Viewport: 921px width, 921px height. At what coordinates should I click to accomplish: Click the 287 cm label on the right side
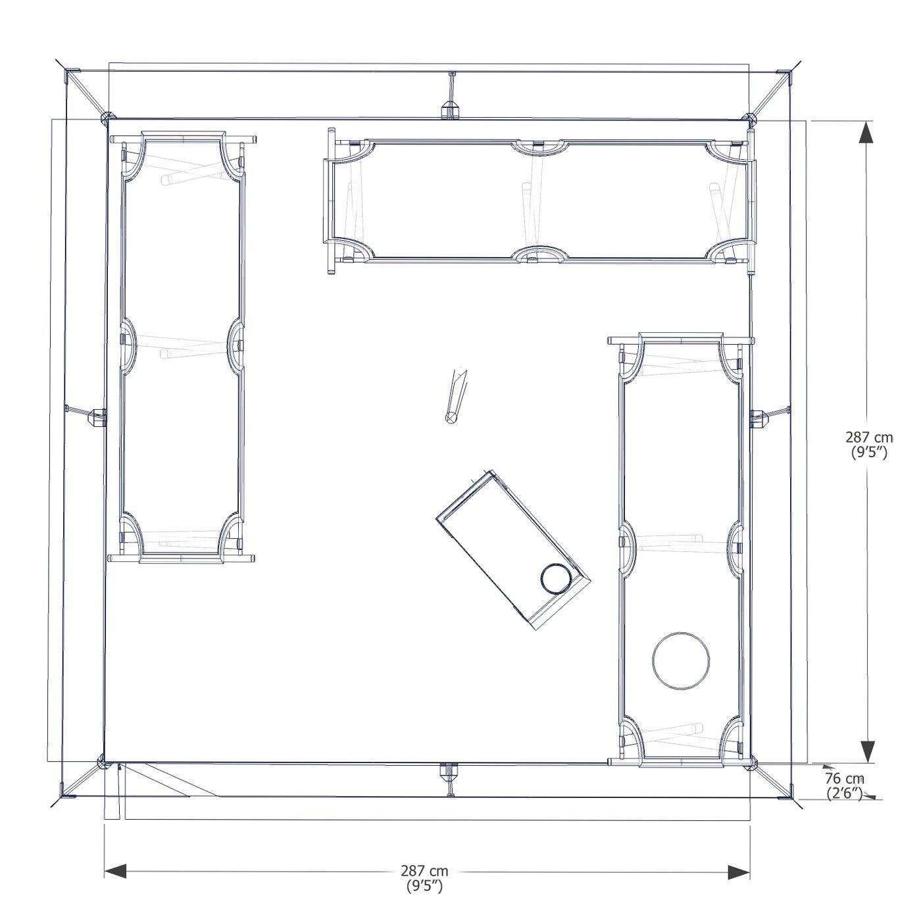pyautogui.click(x=870, y=437)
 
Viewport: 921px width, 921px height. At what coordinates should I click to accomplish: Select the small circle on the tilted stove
pyautogui.click(x=556, y=579)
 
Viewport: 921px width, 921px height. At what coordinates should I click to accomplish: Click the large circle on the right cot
pyautogui.click(x=681, y=660)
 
